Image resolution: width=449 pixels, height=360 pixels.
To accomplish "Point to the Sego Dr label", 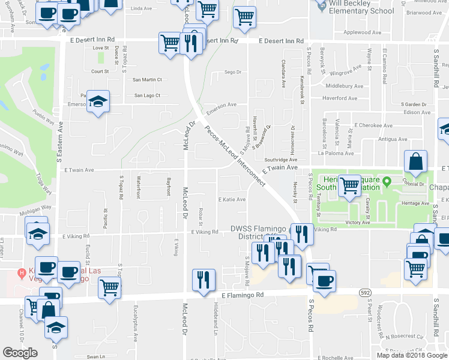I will point(232,72).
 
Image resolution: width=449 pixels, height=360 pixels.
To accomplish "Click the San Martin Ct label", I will point(147,79).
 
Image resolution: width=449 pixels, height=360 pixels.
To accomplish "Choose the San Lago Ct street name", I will point(147,95).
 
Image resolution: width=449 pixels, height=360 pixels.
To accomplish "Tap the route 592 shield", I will point(364,292).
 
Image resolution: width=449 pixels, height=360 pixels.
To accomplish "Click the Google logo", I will point(20,353).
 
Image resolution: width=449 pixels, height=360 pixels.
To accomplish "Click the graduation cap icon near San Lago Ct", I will point(98,101).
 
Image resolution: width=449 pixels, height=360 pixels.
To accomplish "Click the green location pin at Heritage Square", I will point(387,181).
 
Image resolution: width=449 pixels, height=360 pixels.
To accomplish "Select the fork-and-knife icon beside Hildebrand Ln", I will point(203,280).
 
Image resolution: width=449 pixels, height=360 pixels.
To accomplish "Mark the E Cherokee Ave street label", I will point(373,126).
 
